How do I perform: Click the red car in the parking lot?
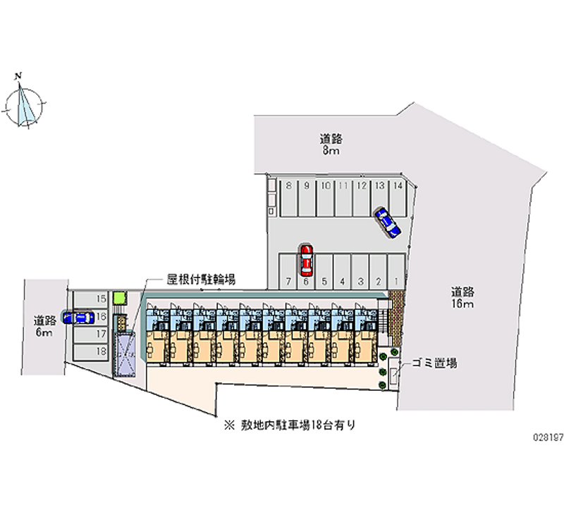(306, 260)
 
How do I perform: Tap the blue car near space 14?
(386, 221)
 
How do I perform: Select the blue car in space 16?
(77, 317)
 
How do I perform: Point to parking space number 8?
(289, 199)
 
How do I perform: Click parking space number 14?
(398, 199)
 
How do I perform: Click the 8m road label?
(330, 144)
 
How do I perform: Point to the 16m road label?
(462, 296)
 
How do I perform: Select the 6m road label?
(44, 326)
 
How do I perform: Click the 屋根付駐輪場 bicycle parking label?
(201, 279)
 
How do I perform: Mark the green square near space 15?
(119, 297)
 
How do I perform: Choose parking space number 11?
(343, 199)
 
